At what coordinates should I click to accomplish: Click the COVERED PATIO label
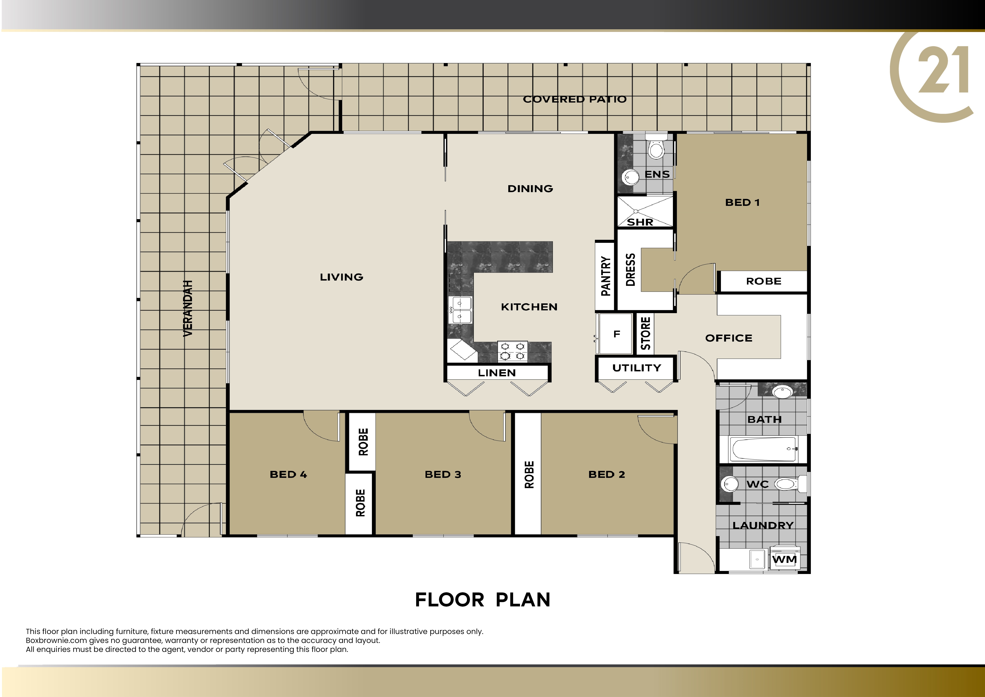(574, 99)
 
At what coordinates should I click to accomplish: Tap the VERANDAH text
(188, 308)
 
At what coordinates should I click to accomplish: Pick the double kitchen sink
(460, 310)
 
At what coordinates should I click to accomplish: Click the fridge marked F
(616, 333)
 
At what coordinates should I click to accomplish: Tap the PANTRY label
(605, 276)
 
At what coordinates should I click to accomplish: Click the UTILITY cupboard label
(637, 368)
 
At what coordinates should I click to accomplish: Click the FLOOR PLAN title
(483, 600)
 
